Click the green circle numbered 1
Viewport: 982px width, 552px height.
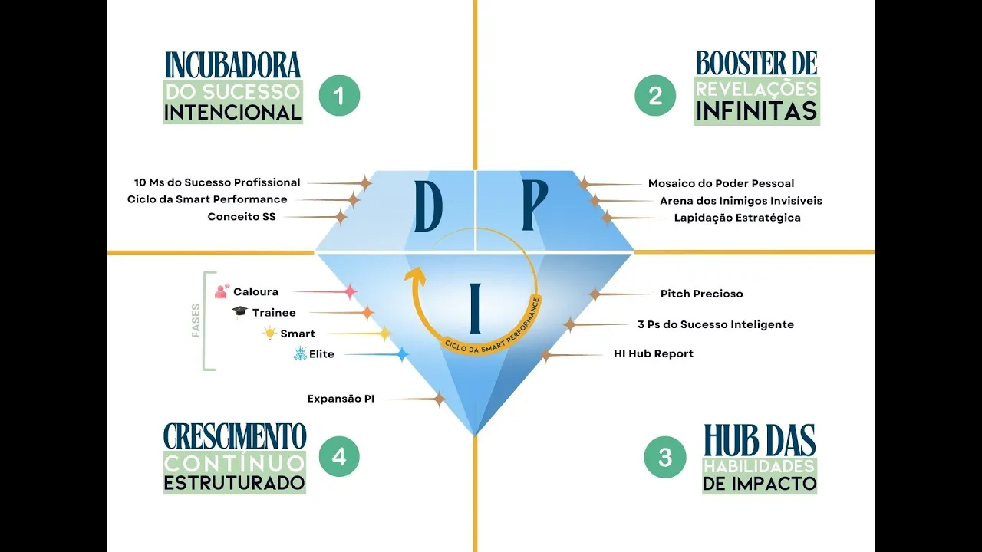pyautogui.click(x=338, y=95)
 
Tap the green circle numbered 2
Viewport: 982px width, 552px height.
pyautogui.click(x=655, y=95)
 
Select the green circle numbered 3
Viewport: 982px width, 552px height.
pyautogui.click(x=664, y=458)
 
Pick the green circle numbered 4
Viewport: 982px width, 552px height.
pyautogui.click(x=338, y=458)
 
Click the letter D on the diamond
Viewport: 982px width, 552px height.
pyautogui.click(x=428, y=207)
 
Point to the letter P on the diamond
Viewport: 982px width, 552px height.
pyautogui.click(x=534, y=207)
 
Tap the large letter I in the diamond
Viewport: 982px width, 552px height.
pyautogui.click(x=476, y=309)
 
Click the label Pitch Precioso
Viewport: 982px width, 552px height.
pyautogui.click(x=701, y=294)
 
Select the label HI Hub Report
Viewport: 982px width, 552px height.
pyautogui.click(x=654, y=353)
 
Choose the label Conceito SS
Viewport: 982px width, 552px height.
pyautogui.click(x=241, y=217)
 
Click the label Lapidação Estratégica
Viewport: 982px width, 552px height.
pyautogui.click(x=736, y=218)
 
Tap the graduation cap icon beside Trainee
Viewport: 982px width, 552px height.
pyautogui.click(x=240, y=312)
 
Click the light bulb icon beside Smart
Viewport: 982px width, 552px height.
pyautogui.click(x=269, y=333)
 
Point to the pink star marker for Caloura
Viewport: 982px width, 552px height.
pyautogui.click(x=350, y=292)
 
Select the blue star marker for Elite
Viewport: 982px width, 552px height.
pyautogui.click(x=401, y=354)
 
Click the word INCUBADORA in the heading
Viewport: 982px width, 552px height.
pyautogui.click(x=232, y=64)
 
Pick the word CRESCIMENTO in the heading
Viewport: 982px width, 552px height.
pyautogui.click(x=235, y=435)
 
